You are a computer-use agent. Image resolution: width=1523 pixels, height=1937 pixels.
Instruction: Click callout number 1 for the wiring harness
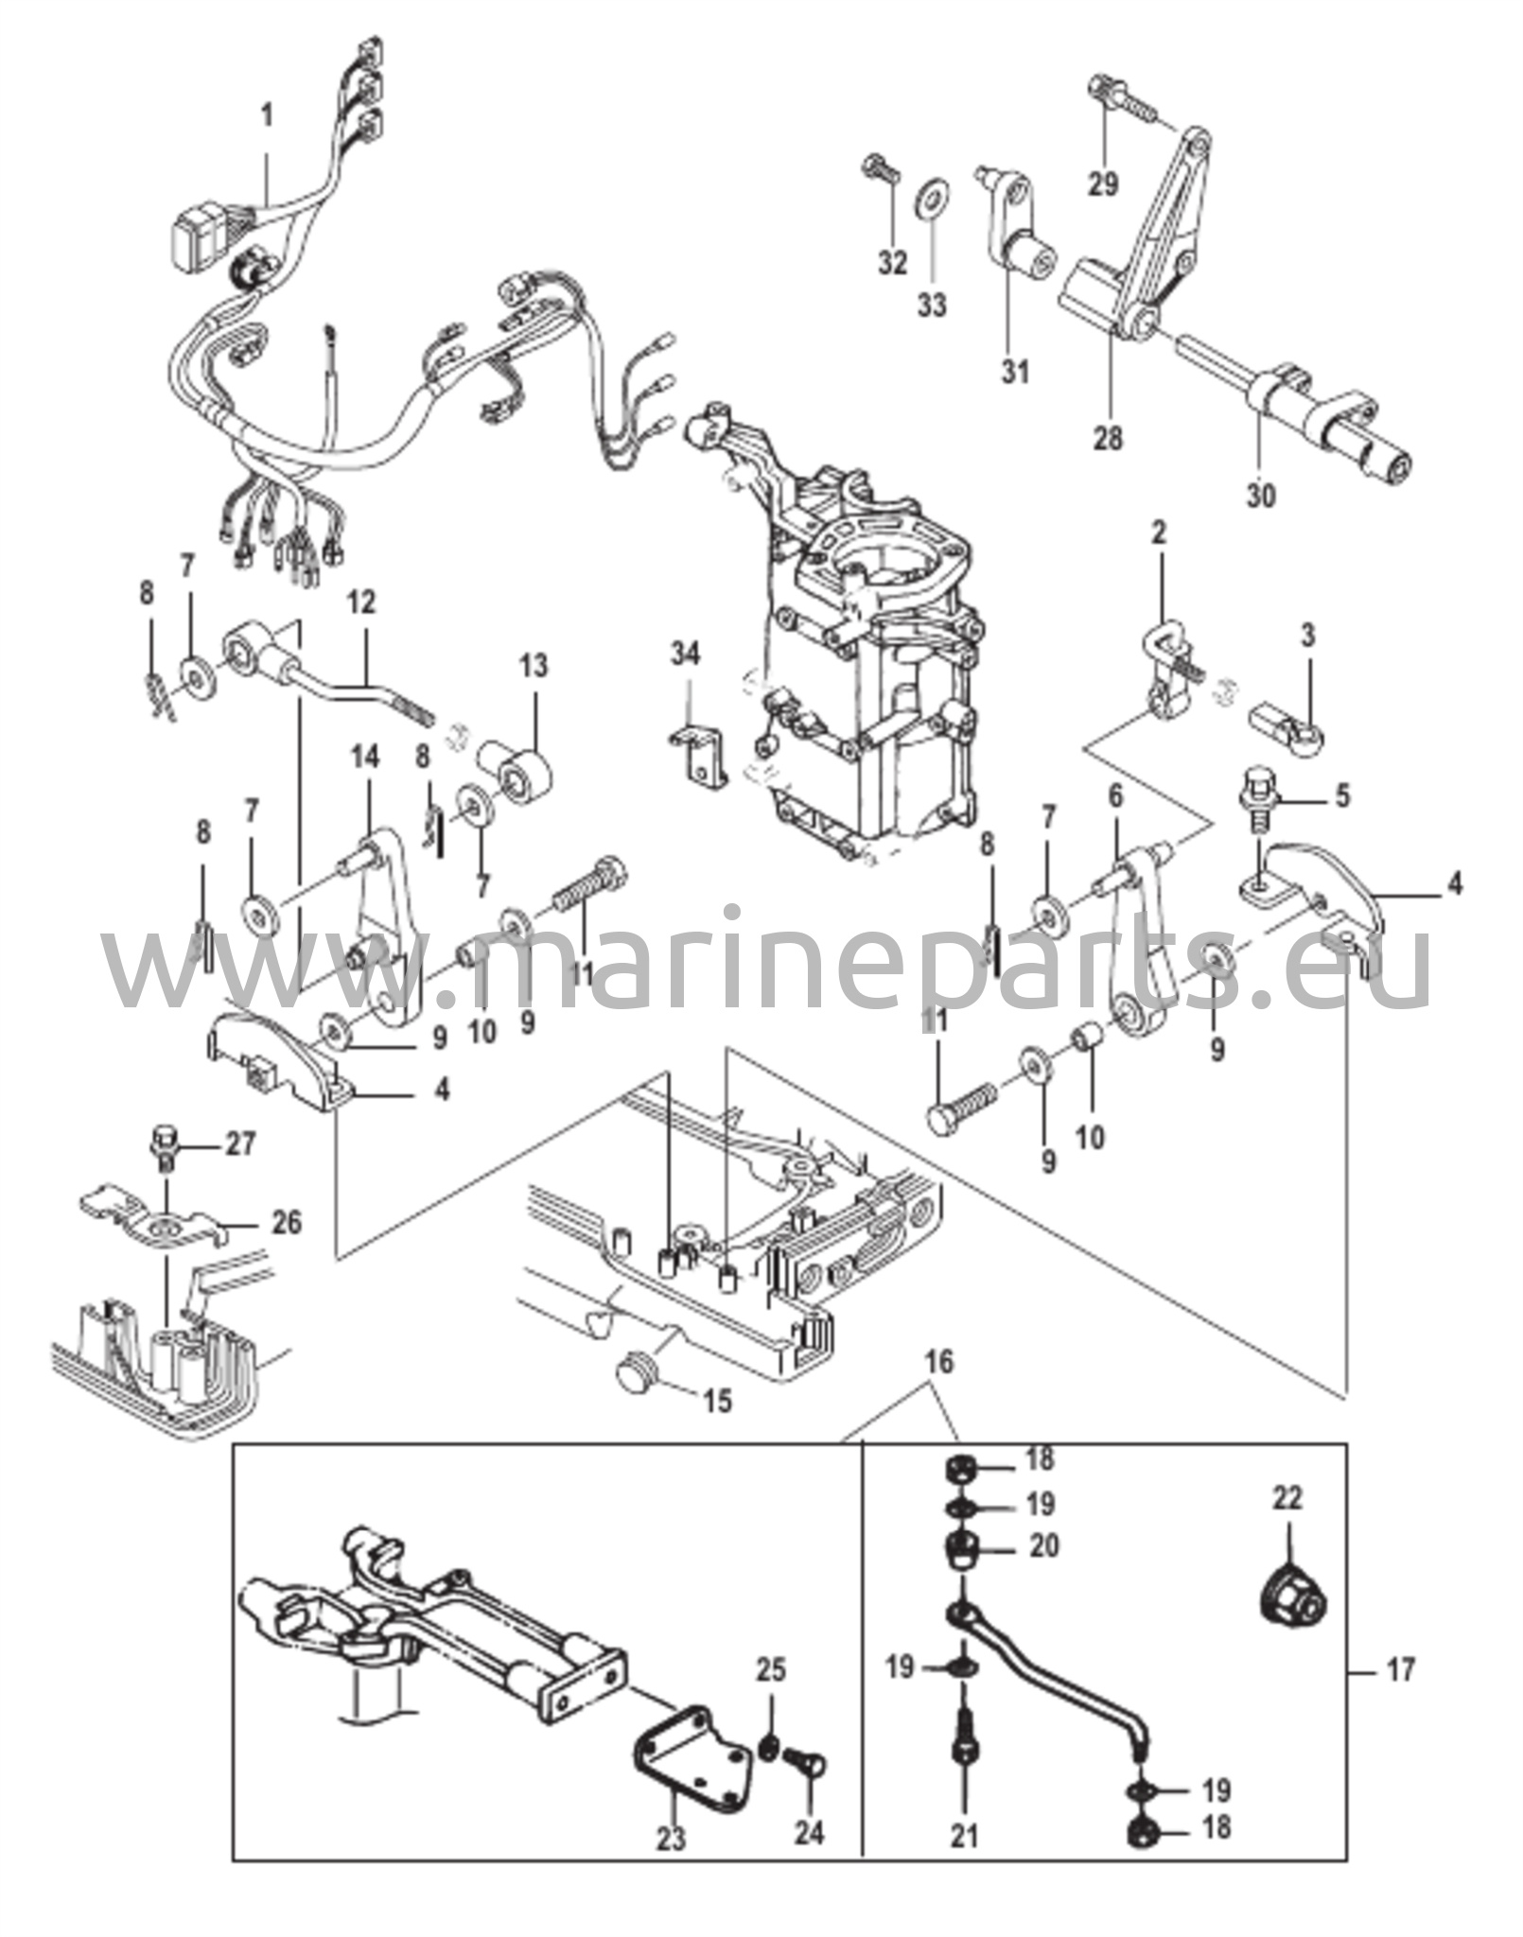[267, 117]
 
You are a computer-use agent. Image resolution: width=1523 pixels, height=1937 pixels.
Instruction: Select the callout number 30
[1261, 495]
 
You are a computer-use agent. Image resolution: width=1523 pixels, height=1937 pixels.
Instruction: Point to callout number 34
[687, 654]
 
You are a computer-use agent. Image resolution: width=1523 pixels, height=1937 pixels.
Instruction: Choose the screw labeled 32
[876, 176]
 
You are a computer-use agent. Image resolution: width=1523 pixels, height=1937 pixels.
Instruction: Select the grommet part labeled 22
[1297, 1598]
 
